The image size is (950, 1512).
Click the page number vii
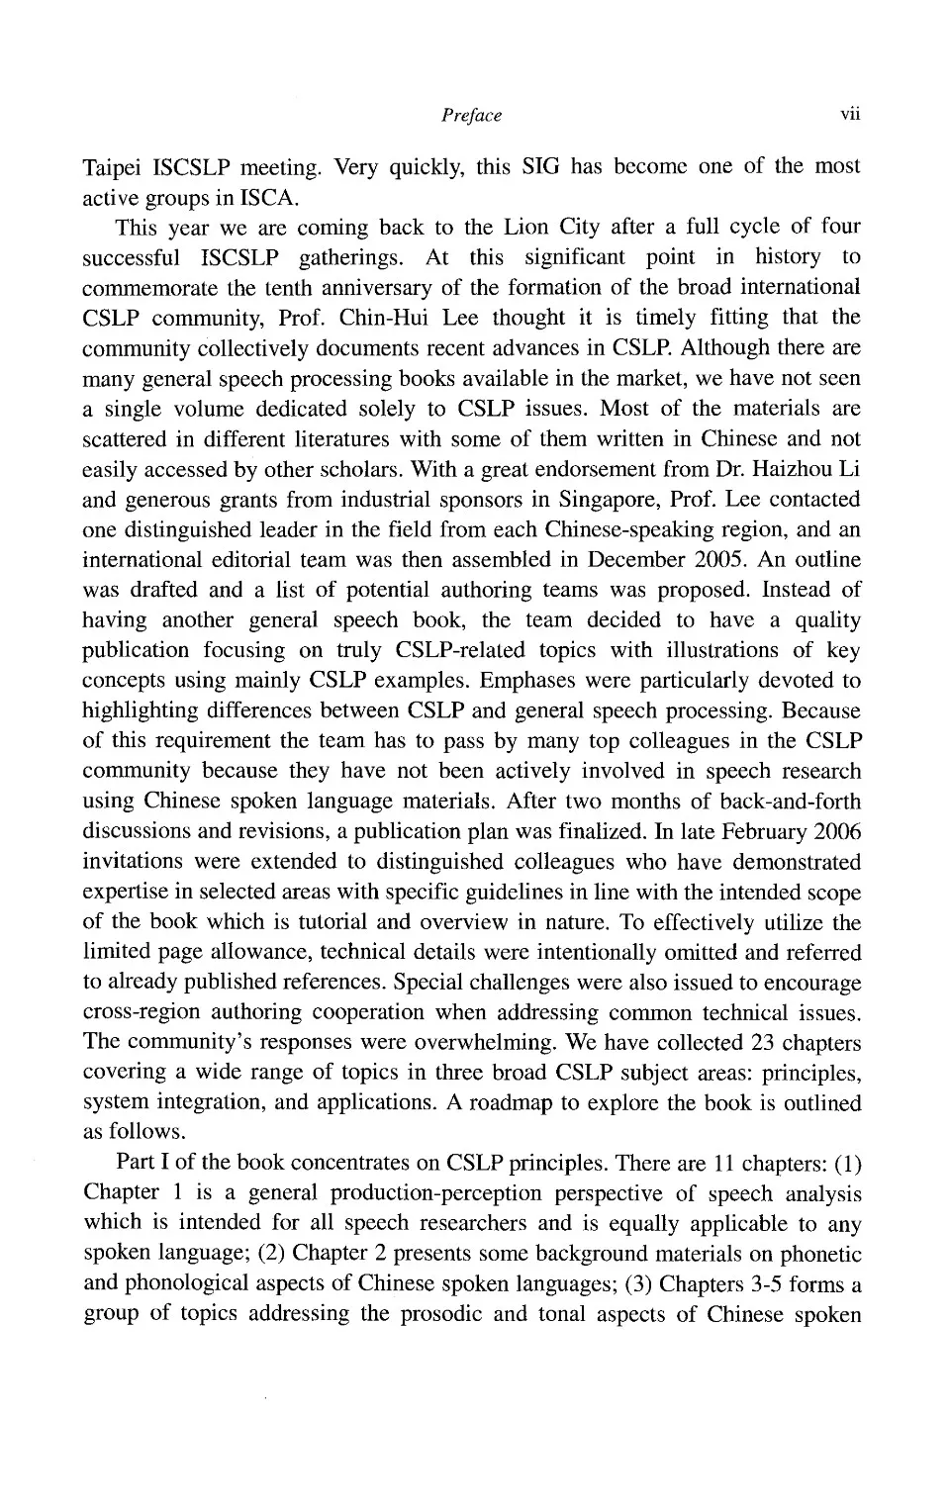pyautogui.click(x=849, y=115)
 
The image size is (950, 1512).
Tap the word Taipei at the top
pyautogui.click(x=114, y=167)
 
